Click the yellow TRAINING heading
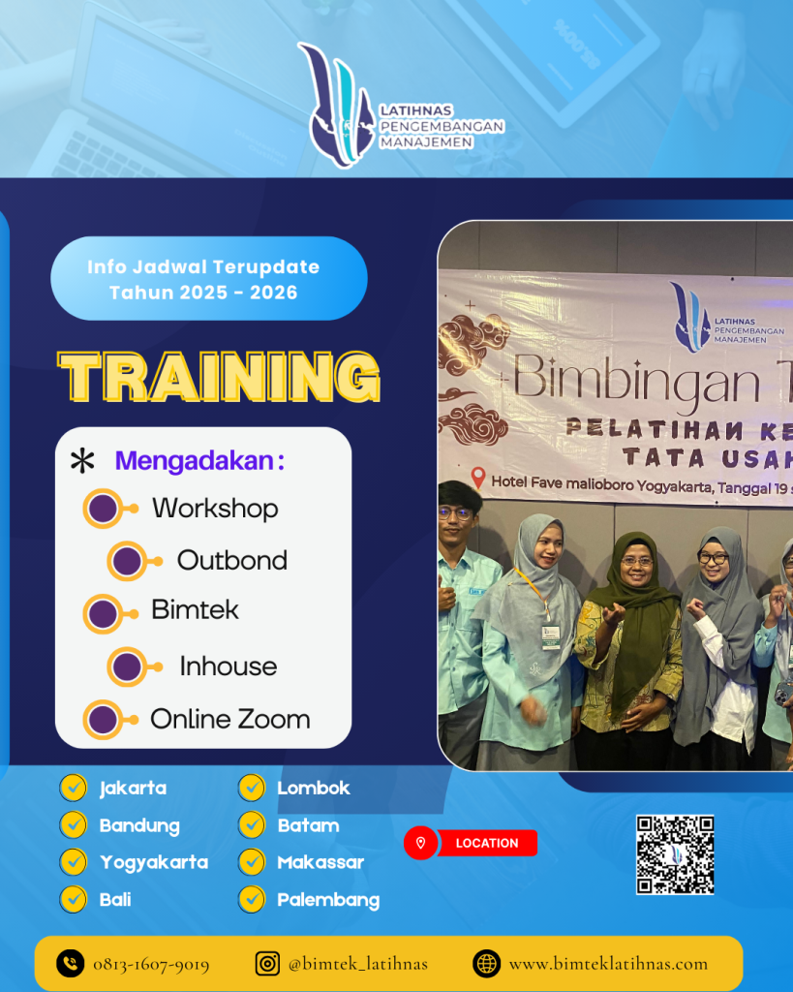[x=219, y=376]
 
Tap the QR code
[x=675, y=854]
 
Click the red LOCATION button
[x=472, y=843]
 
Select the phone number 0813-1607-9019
[x=151, y=964]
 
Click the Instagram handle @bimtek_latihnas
[x=358, y=964]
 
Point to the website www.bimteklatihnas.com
[x=608, y=964]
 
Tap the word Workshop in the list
[x=215, y=509]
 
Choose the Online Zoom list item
[x=230, y=719]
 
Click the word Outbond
[x=232, y=561]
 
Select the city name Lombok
[x=314, y=789]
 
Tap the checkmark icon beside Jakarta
[x=73, y=788]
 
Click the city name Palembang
[x=328, y=900]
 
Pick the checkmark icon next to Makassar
[x=252, y=862]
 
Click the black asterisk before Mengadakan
[x=83, y=461]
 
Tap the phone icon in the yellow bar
[x=71, y=963]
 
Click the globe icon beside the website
[x=486, y=963]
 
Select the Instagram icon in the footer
[x=267, y=963]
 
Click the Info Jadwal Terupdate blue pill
[x=209, y=279]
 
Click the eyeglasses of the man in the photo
[x=455, y=512]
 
